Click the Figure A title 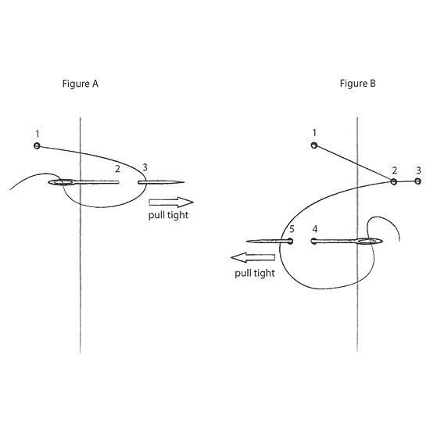(80, 84)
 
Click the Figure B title (357, 83)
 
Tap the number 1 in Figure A (38, 134)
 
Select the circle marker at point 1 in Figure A (37, 145)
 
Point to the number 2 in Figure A (117, 169)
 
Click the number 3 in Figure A (145, 167)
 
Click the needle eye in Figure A (62, 182)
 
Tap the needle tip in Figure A (184, 182)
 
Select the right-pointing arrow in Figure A (171, 202)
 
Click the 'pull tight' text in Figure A (168, 215)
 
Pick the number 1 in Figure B (314, 133)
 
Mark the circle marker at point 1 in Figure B (314, 145)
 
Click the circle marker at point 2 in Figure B (393, 181)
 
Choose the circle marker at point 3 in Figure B (417, 181)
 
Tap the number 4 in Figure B (315, 229)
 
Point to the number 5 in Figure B (292, 229)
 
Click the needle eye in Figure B (369, 242)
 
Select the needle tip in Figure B (246, 242)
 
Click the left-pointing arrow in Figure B (253, 257)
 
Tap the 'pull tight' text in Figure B (255, 273)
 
